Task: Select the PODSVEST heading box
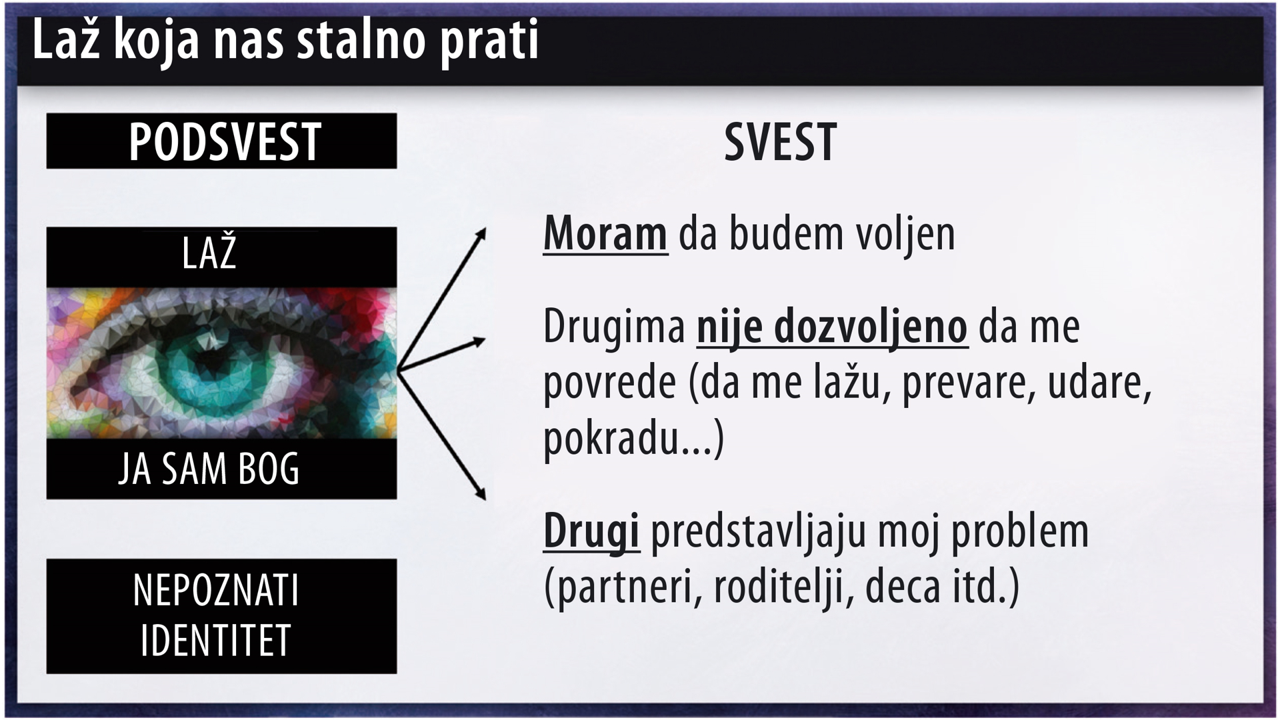pyautogui.click(x=221, y=141)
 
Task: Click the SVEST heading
pyautogui.click(x=780, y=142)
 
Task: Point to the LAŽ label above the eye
pyautogui.click(x=209, y=252)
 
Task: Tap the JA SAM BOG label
pyautogui.click(x=209, y=469)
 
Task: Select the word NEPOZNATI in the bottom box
pyautogui.click(x=216, y=590)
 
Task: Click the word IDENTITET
pyautogui.click(x=216, y=641)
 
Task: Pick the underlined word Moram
pyautogui.click(x=605, y=234)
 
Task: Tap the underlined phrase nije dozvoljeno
pyautogui.click(x=832, y=328)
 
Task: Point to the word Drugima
pyautogui.click(x=614, y=327)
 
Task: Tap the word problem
pyautogui.click(x=1020, y=532)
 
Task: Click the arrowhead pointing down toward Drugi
pyautogui.click(x=481, y=494)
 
